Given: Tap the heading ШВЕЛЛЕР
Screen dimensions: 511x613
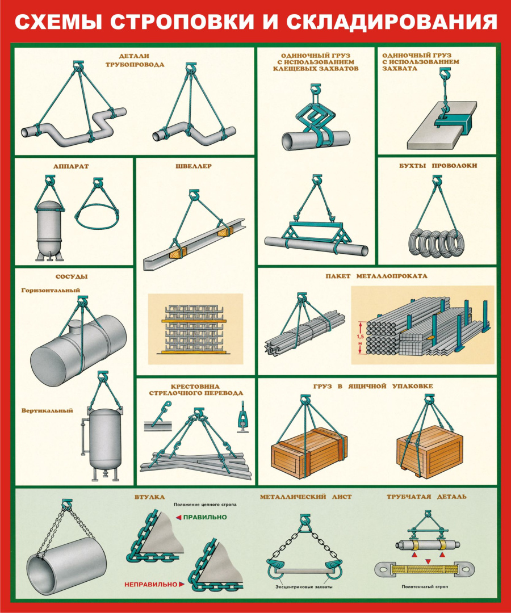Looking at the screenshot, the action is pyautogui.click(x=194, y=166).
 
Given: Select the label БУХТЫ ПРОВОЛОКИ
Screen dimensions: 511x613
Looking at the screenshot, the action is pyautogui.click(x=438, y=166).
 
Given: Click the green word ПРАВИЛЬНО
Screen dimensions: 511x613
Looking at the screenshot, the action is pyautogui.click(x=205, y=517).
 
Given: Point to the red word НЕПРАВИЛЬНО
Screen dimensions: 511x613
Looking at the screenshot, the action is pyautogui.click(x=150, y=585).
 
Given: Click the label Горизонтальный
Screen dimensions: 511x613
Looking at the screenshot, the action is pyautogui.click(x=51, y=291).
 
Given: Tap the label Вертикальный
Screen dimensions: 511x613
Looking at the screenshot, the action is pyautogui.click(x=47, y=410).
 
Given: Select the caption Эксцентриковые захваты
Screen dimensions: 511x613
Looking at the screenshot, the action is pyautogui.click(x=304, y=587).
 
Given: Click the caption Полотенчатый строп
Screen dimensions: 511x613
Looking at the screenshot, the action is pyautogui.click(x=425, y=586).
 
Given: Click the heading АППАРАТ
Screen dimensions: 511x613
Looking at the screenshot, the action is pyautogui.click(x=71, y=166).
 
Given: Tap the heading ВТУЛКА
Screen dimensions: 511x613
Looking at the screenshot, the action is pyautogui.click(x=150, y=497).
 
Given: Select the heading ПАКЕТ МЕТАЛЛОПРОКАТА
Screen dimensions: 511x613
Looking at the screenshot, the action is pyautogui.click(x=376, y=276).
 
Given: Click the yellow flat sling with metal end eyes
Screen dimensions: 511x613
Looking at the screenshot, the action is pyautogui.click(x=421, y=569).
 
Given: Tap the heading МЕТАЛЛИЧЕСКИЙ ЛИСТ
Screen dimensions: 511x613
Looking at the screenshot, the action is pyautogui.click(x=305, y=497).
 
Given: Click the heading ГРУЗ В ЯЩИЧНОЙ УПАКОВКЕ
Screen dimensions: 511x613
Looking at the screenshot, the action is pyautogui.click(x=373, y=387).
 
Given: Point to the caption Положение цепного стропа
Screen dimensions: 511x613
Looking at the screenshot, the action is pyautogui.click(x=206, y=505).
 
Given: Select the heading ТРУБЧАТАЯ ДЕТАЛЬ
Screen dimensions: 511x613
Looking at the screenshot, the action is pyautogui.click(x=426, y=497).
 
